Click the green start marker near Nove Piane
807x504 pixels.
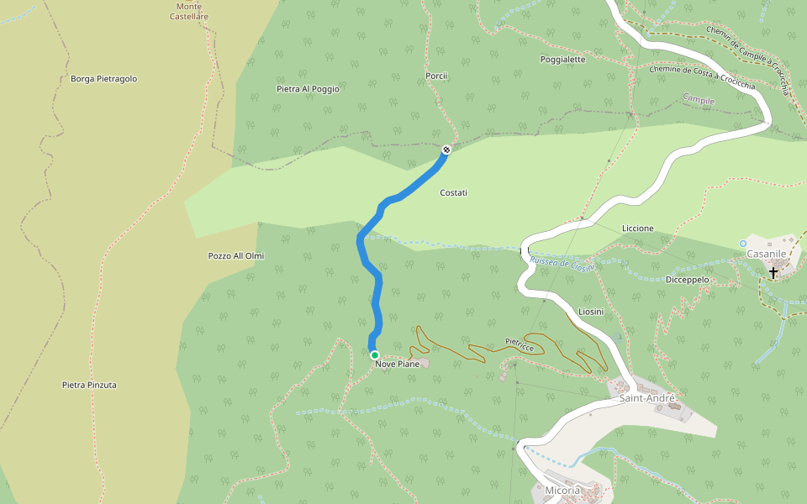pyautogui.click(x=374, y=355)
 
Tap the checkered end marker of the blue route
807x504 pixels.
pyautogui.click(x=446, y=150)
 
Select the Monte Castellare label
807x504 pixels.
pyautogui.click(x=189, y=11)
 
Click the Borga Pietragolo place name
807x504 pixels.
pyautogui.click(x=103, y=79)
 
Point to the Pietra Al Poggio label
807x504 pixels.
pyautogui.click(x=308, y=88)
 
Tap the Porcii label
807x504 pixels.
pyautogui.click(x=436, y=76)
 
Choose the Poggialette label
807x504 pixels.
pyautogui.click(x=562, y=60)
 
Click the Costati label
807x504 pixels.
pyautogui.click(x=453, y=193)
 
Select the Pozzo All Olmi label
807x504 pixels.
pyautogui.click(x=236, y=255)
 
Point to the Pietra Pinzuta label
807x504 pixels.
pyautogui.click(x=89, y=385)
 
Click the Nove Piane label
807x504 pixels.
pyautogui.click(x=397, y=364)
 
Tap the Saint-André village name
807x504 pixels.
pyautogui.click(x=647, y=398)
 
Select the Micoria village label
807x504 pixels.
pyautogui.click(x=562, y=490)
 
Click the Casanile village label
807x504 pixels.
pyautogui.click(x=766, y=253)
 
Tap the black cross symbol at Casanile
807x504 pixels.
pyautogui.click(x=773, y=273)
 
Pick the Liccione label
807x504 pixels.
pyautogui.click(x=637, y=228)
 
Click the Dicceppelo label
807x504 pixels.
pyautogui.click(x=687, y=280)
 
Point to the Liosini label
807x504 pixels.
pyautogui.click(x=591, y=312)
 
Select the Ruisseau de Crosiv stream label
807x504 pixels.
pyautogui.click(x=562, y=263)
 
